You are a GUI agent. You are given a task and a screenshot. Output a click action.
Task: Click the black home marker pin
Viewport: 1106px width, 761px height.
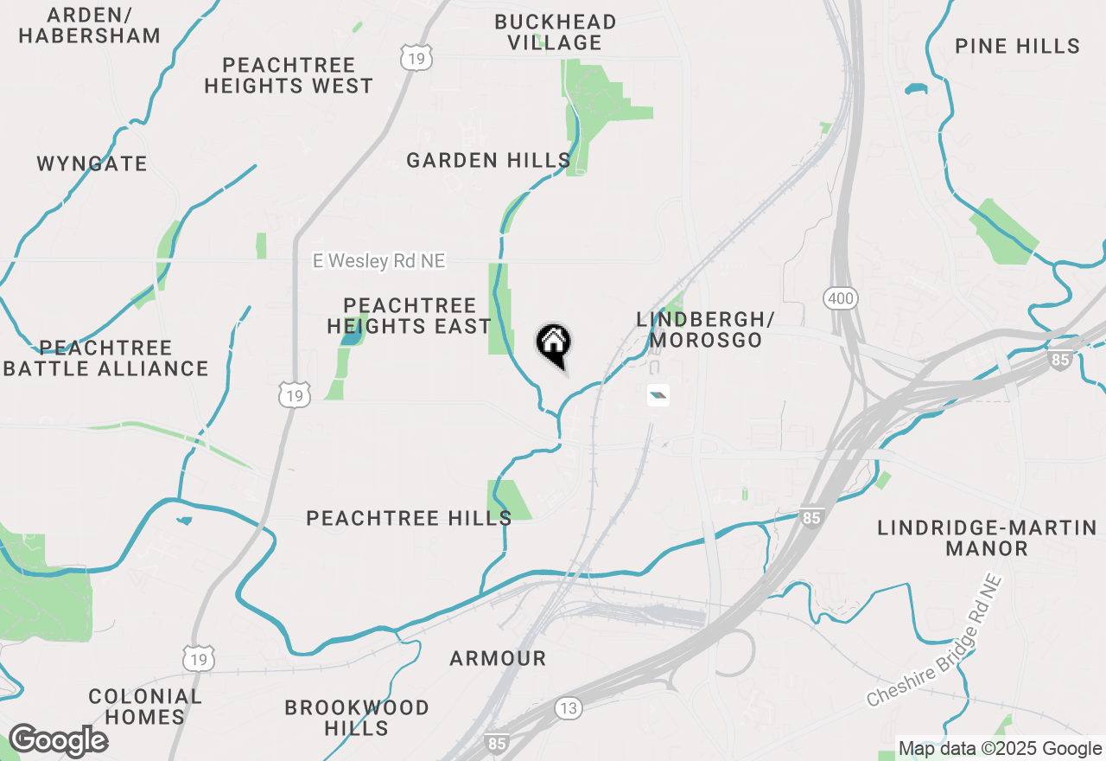(553, 344)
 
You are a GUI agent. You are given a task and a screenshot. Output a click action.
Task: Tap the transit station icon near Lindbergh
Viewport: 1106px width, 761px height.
(658, 396)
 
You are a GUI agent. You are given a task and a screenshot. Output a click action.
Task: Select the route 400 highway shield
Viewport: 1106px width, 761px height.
(840, 299)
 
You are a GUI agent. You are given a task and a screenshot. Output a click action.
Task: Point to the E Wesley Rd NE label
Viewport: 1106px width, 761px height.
(379, 261)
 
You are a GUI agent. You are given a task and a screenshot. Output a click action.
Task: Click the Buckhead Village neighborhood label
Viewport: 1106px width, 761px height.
(555, 32)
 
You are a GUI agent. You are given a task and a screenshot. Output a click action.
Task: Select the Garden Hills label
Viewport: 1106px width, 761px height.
(488, 160)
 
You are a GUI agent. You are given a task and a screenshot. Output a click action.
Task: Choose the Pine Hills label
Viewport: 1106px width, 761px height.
(1018, 46)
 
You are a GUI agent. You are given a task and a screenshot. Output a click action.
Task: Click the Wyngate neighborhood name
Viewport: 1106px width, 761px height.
(92, 163)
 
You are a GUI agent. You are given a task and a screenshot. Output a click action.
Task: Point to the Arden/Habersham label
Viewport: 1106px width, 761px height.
(90, 25)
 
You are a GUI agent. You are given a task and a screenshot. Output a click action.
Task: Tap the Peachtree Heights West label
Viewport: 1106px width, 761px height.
(289, 75)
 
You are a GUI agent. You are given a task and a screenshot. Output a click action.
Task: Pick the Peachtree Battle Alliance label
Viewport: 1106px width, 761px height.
(106, 358)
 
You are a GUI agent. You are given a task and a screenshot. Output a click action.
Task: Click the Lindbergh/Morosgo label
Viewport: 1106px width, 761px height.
(705, 329)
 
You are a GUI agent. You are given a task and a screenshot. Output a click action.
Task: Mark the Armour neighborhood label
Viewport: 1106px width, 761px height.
(498, 658)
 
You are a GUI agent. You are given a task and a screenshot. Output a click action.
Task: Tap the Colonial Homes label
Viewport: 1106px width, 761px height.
(144, 707)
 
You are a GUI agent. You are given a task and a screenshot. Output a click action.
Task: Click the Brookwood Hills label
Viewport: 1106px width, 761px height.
(357, 718)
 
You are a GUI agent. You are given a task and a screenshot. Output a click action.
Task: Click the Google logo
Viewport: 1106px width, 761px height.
(58, 741)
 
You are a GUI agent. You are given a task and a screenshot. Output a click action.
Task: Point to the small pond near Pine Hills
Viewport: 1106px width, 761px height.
(914, 88)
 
